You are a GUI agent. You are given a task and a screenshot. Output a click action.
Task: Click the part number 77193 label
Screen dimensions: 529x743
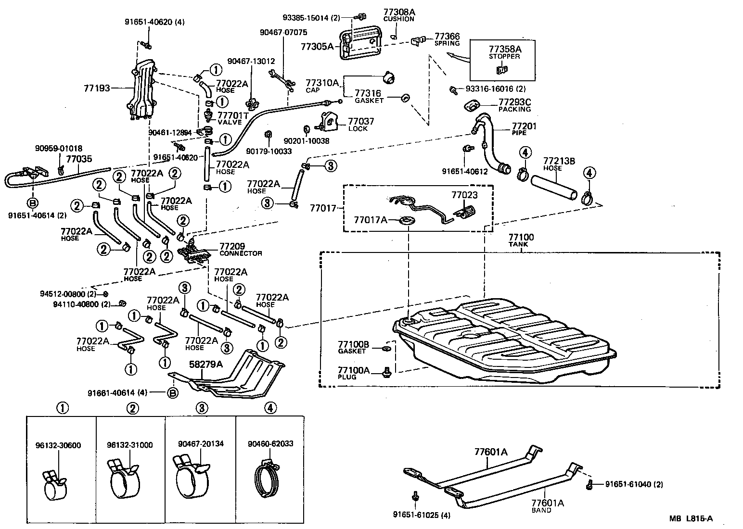point(96,88)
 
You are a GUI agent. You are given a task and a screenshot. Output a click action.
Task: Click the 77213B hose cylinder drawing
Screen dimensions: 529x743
point(554,188)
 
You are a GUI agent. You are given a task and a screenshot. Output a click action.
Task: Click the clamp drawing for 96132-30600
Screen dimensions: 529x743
point(54,486)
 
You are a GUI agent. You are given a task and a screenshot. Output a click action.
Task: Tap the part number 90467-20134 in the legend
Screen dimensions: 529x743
point(201,444)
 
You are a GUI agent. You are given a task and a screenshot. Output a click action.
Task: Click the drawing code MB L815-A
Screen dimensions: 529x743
point(691,518)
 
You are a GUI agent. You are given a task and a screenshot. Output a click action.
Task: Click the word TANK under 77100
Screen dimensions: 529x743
point(518,244)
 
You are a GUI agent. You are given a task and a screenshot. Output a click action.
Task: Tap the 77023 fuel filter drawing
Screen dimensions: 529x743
point(464,212)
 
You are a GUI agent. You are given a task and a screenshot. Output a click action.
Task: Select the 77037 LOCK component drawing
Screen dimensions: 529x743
point(329,122)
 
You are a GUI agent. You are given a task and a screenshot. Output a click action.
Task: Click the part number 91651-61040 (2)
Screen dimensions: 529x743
point(633,484)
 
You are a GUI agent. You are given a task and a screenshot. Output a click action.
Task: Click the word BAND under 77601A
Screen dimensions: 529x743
point(541,510)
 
